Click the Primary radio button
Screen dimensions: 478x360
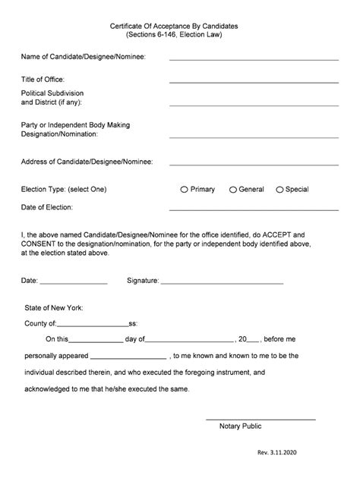184,190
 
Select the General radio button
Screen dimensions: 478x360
232,190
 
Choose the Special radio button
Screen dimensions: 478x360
279,190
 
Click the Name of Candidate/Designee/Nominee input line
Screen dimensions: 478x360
254,58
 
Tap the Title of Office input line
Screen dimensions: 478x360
254,80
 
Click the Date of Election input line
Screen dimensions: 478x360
254,208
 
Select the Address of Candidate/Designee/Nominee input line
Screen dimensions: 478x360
254,162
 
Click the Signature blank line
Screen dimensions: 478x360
222,282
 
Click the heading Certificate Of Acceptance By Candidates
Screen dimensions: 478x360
179,26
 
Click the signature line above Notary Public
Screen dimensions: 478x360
261,419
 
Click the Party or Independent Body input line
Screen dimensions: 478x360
254,137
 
